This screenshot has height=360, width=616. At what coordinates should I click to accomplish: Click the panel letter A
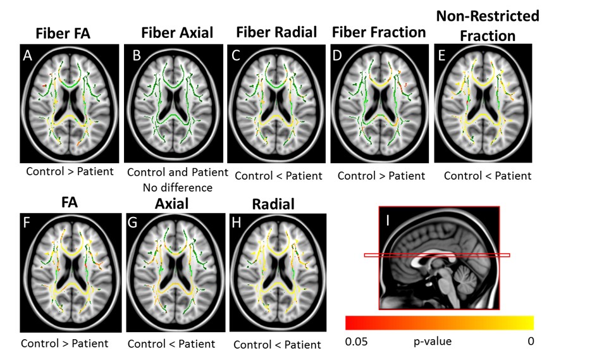point(27,55)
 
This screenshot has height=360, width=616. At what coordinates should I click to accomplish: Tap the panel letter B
point(136,55)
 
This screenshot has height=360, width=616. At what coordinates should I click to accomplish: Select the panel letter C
point(236,55)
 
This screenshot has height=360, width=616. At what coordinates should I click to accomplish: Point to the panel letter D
point(338,55)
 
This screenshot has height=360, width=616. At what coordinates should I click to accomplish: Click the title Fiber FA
point(62,34)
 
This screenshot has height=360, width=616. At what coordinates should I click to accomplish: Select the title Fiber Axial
point(168,34)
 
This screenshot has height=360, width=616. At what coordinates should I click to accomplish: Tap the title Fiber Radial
point(276,32)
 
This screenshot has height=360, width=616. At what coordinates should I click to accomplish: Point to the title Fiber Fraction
point(379,32)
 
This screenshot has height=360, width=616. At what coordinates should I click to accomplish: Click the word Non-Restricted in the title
point(488,16)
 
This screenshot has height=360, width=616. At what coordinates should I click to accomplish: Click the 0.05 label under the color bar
point(357,342)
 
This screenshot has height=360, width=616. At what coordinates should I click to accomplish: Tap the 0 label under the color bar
point(530,342)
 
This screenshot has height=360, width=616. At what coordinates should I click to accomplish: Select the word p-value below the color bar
point(432,342)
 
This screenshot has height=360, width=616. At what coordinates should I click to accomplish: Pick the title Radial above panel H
point(274,204)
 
